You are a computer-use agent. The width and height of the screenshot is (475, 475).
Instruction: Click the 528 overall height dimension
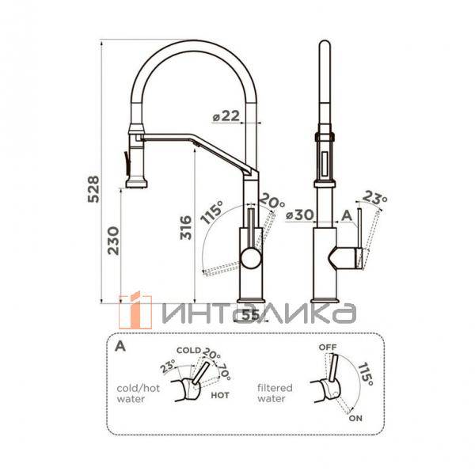click(93, 188)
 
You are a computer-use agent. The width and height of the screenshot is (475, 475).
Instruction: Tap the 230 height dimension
click(114, 241)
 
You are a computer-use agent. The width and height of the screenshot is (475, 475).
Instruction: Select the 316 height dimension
click(186, 227)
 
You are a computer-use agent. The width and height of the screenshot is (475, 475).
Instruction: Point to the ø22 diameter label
click(226, 116)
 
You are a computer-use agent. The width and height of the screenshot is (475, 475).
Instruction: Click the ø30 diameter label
click(300, 215)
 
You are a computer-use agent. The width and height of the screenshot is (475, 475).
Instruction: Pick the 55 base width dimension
click(251, 315)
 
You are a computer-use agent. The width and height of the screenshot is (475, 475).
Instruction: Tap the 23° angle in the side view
click(374, 197)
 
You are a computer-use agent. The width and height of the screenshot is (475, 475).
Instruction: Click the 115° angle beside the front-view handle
click(211, 212)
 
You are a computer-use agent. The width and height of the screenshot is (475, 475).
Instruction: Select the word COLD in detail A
click(188, 351)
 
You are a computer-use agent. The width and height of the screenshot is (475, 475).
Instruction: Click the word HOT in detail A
click(220, 395)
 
